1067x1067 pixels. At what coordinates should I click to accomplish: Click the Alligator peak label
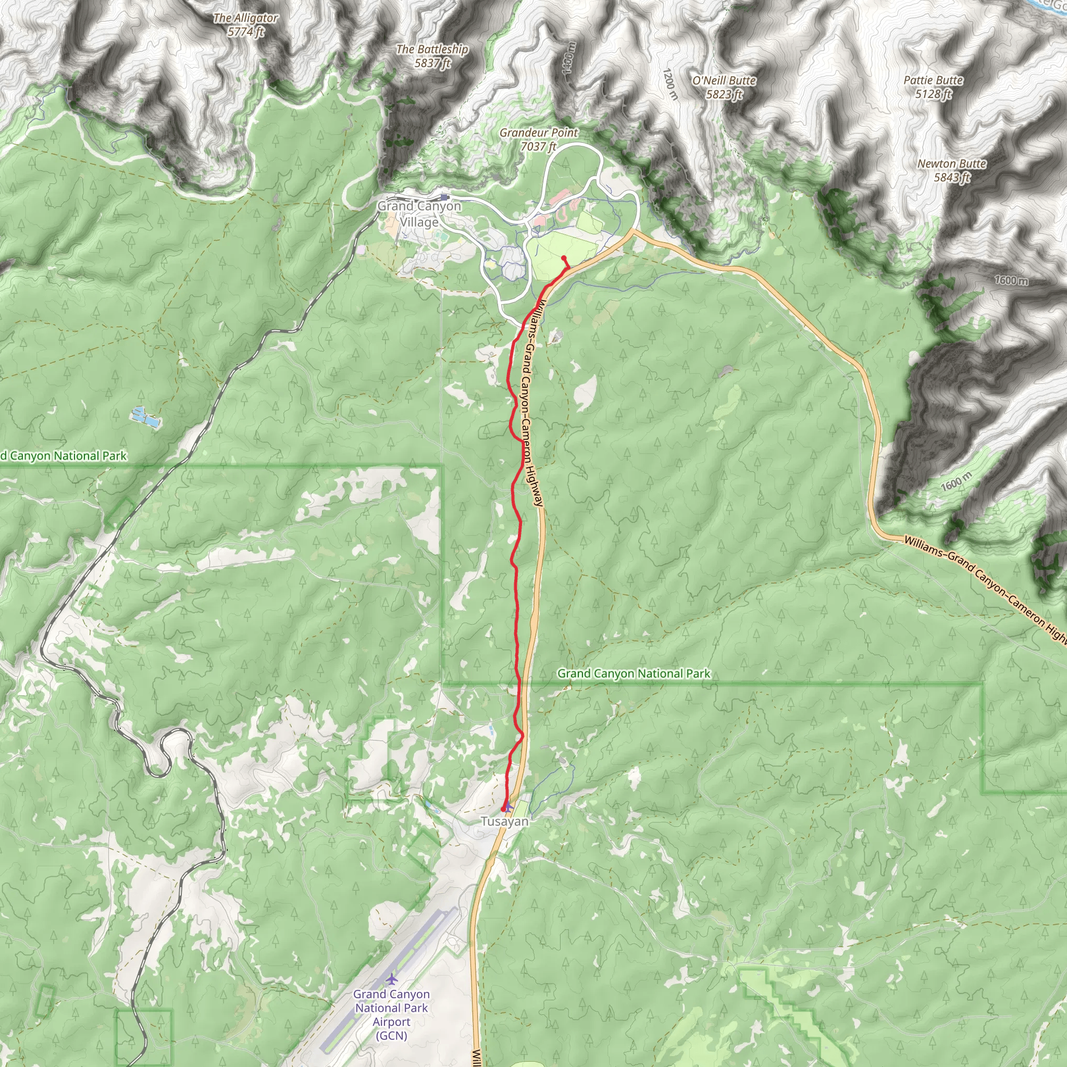click(x=246, y=25)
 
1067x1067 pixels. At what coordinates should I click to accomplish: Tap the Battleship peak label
click(x=432, y=56)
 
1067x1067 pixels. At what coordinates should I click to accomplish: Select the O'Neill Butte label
click(x=724, y=87)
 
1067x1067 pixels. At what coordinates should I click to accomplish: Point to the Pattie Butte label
click(x=933, y=86)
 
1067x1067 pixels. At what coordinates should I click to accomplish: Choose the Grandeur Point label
click(x=539, y=139)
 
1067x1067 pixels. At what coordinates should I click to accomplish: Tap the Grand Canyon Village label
click(x=419, y=214)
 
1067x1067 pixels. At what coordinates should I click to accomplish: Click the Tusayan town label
click(x=504, y=821)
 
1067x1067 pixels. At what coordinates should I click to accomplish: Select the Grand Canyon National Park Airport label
click(x=391, y=1014)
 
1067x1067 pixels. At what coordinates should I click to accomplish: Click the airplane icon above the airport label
click(x=392, y=979)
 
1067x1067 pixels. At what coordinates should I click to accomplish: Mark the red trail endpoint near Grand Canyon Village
click(x=563, y=258)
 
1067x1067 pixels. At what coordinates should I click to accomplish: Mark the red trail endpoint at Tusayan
click(x=503, y=809)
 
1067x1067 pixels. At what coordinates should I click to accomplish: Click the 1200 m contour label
click(x=669, y=84)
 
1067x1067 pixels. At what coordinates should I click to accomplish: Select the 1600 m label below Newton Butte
click(x=1011, y=281)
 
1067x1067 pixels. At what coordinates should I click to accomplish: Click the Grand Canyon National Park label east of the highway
click(x=634, y=673)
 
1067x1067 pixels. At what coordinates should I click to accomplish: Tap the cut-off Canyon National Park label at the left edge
click(x=64, y=456)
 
